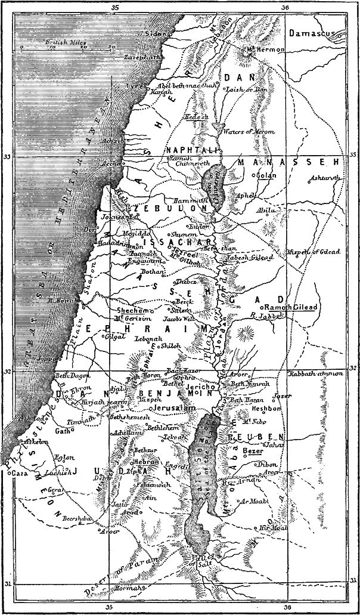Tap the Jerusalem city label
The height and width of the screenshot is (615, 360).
(x=174, y=408)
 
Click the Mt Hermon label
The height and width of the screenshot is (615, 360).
(x=268, y=50)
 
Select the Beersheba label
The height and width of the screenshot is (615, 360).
(x=75, y=519)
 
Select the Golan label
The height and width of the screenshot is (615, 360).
(x=266, y=175)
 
